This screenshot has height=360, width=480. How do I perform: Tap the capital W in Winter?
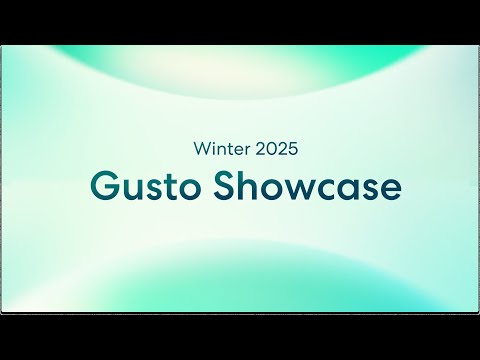coord(200,149)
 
